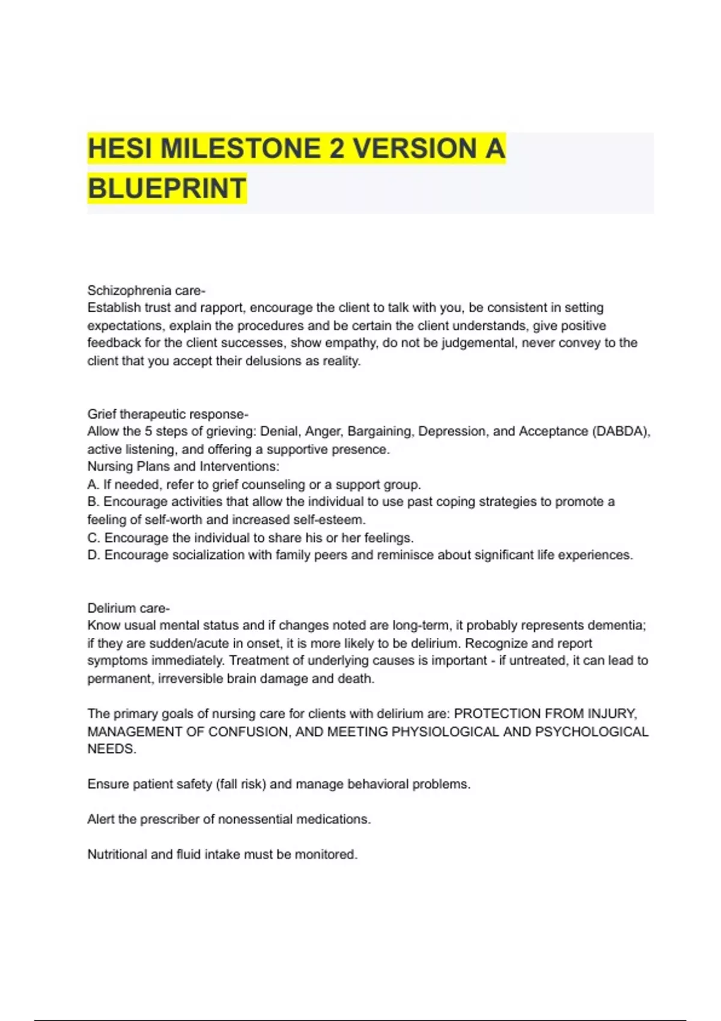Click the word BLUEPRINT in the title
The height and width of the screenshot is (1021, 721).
[167, 187]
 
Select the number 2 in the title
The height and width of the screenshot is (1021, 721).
[336, 148]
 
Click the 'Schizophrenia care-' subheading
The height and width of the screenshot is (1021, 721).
[146, 291]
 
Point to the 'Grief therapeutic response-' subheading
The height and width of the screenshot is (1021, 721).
[168, 414]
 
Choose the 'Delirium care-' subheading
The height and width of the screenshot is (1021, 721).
[129, 608]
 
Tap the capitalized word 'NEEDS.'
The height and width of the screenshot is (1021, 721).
[112, 749]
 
